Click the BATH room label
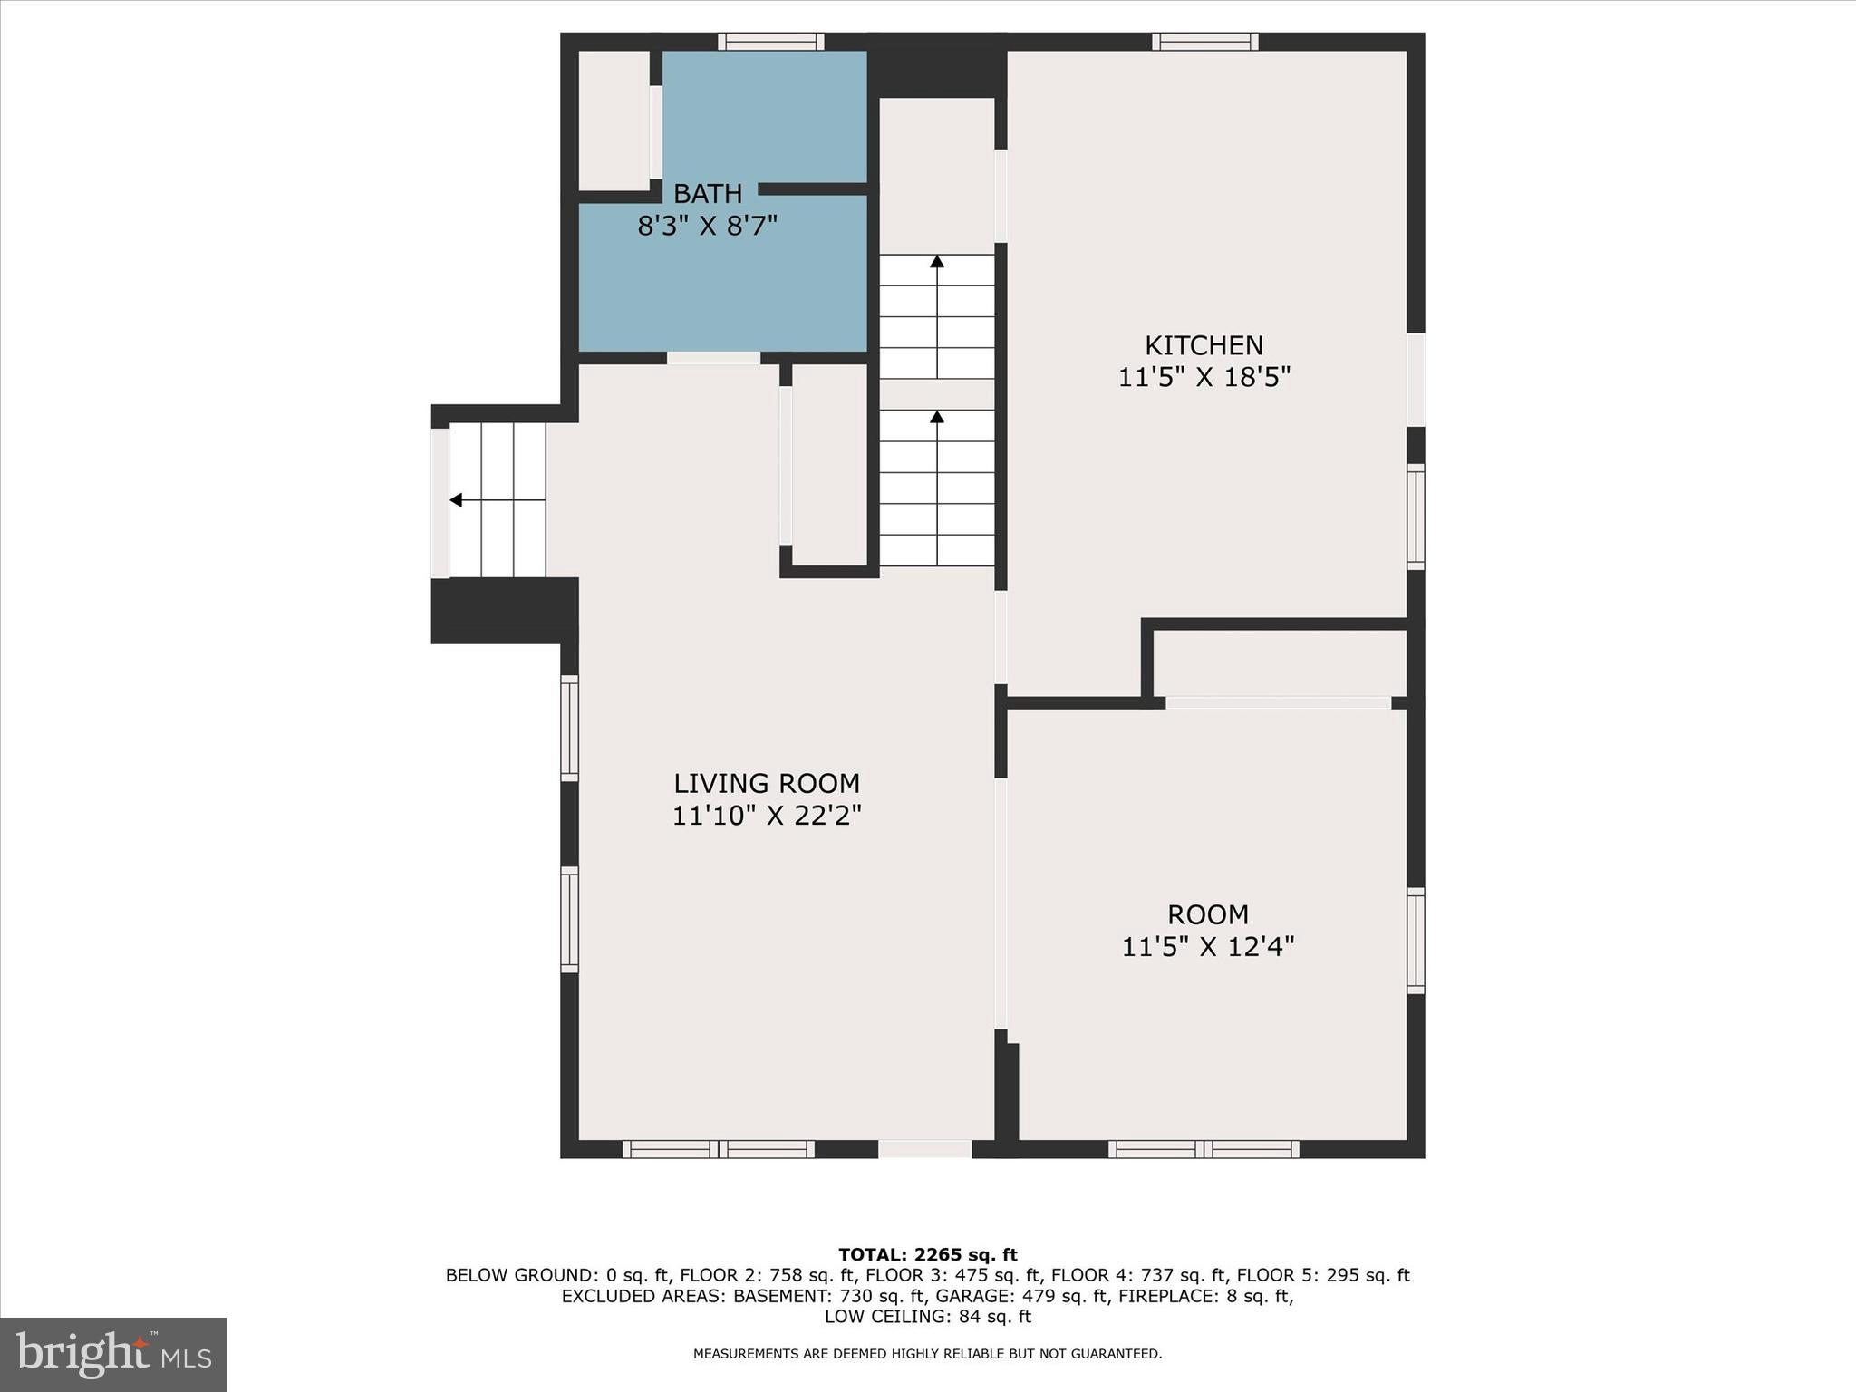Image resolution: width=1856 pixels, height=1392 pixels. (707, 194)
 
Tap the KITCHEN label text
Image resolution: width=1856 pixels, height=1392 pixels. (1203, 345)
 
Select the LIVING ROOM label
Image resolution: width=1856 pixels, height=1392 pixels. (767, 783)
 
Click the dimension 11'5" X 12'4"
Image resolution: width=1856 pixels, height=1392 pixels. (1207, 947)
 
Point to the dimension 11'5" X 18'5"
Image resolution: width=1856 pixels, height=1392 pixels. (1203, 377)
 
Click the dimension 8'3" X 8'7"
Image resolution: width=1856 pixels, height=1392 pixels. (707, 226)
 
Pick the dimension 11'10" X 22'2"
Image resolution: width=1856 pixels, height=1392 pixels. (767, 816)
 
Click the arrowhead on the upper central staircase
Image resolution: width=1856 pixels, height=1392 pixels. (937, 262)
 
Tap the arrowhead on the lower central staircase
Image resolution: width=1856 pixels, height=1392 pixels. (937, 417)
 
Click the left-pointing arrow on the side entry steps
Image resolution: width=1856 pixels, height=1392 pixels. (456, 500)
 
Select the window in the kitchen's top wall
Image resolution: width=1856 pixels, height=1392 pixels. (1204, 42)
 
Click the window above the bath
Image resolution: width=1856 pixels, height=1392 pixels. (771, 42)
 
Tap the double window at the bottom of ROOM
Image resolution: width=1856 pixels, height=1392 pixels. (1203, 1149)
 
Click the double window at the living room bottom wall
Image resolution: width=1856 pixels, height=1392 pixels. (719, 1149)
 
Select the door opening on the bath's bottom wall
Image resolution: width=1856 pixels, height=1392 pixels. (713, 358)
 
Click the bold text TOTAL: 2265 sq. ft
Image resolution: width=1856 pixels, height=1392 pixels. (927, 1255)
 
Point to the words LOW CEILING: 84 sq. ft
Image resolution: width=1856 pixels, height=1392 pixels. (927, 1317)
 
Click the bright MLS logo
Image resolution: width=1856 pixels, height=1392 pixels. (113, 1355)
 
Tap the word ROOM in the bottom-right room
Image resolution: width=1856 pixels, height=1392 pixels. (1207, 914)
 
